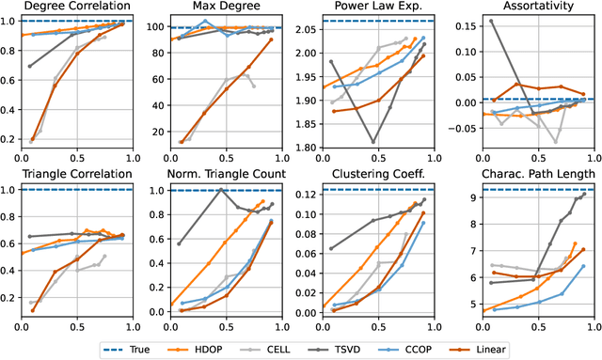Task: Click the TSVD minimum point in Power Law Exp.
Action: pos(372,141)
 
